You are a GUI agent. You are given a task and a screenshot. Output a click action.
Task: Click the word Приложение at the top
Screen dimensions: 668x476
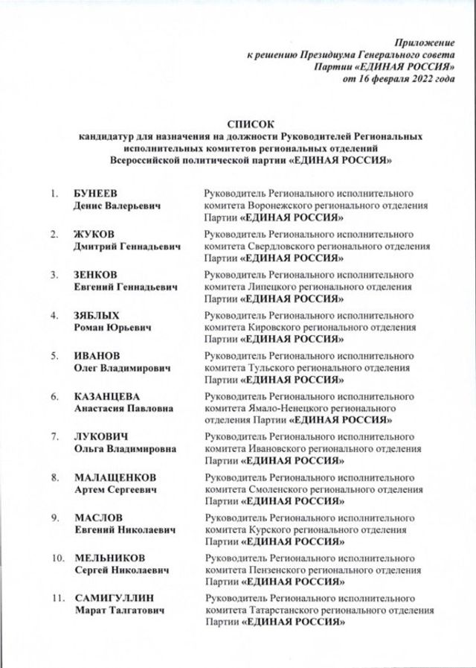click(x=424, y=43)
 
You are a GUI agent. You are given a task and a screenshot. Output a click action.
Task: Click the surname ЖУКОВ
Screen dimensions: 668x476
click(x=94, y=235)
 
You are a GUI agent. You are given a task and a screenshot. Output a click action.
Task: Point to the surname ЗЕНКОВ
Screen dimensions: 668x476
click(x=96, y=275)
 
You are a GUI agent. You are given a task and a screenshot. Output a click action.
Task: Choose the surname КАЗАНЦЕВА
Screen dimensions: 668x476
click(x=107, y=395)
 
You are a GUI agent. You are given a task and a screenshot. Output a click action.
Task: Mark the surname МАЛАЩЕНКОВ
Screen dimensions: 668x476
click(x=115, y=477)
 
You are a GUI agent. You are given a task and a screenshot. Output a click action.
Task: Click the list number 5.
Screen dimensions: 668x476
click(x=54, y=355)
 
